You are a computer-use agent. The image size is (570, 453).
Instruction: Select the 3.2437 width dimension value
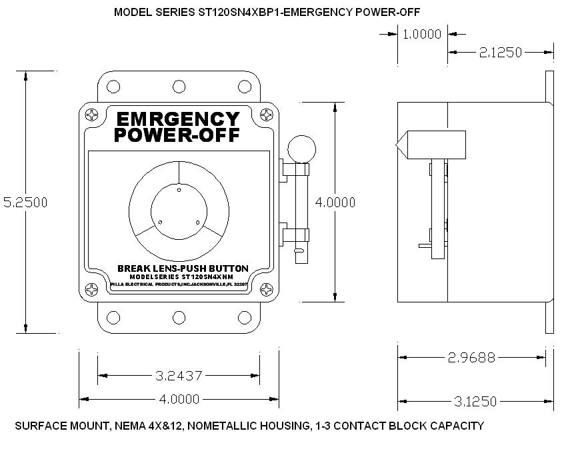pos(178,376)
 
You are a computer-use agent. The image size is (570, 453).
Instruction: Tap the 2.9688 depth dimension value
pos(471,357)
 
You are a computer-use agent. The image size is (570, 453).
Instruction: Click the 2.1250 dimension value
pos(500,52)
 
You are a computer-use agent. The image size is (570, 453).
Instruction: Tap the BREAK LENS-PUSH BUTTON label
pos(182,268)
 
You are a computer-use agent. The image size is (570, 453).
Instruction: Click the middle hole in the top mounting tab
pos(178,87)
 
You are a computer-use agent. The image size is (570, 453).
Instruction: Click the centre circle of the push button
pos(179,207)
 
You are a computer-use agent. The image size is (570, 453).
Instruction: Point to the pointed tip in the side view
pos(401,145)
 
